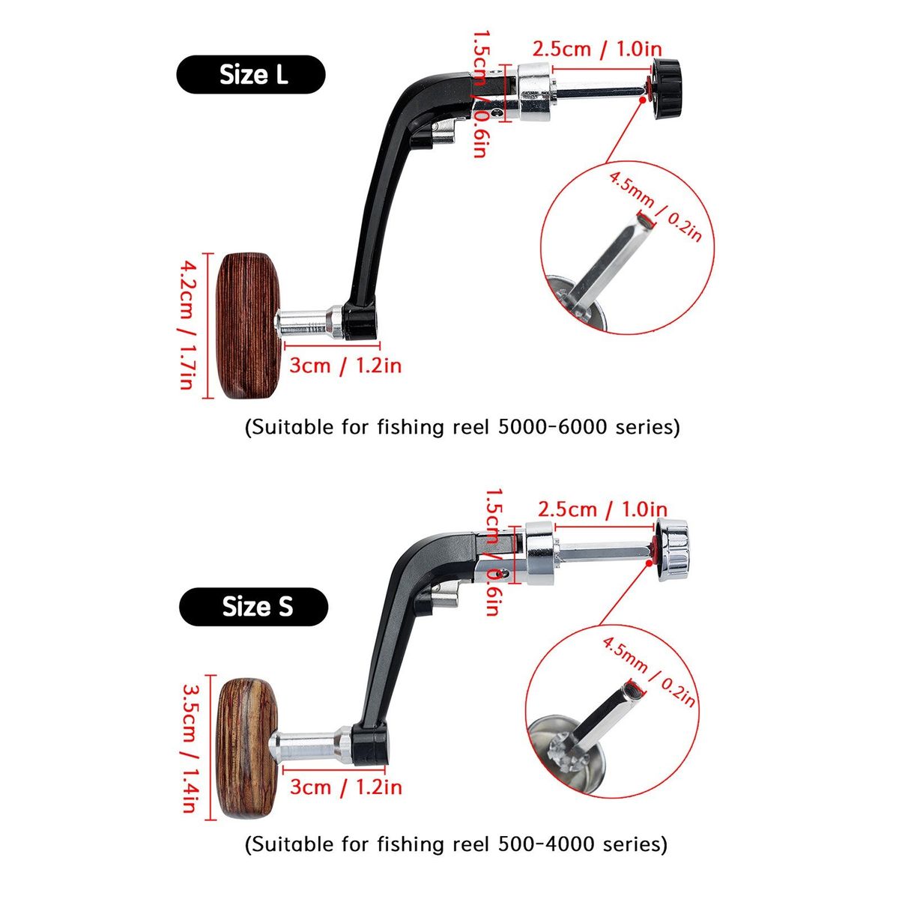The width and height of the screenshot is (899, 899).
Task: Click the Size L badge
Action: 251,75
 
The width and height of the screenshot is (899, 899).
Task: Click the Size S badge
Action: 253,607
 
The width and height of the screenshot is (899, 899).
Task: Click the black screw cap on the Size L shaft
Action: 665,91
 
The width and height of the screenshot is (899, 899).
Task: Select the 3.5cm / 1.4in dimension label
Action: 189,747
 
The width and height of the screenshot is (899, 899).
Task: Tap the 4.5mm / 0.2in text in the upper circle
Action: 655,206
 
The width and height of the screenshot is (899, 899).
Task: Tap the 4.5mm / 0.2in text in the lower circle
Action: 649,669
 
